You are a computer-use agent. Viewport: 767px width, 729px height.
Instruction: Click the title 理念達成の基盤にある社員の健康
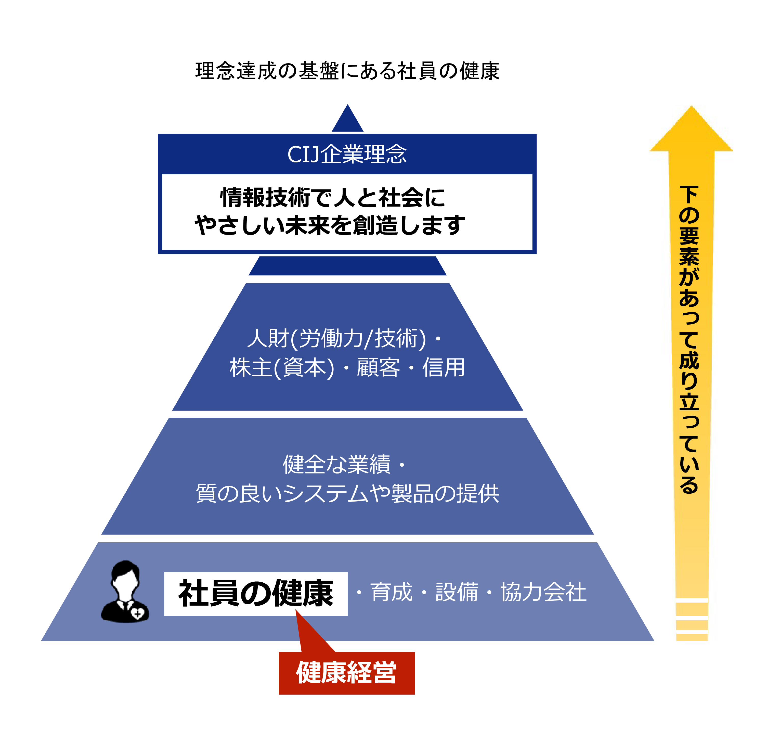347,71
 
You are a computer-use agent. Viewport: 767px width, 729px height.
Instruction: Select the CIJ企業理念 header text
347,154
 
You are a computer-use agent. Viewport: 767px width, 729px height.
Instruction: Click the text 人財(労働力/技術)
336,338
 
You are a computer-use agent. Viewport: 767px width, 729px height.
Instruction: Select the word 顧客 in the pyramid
378,368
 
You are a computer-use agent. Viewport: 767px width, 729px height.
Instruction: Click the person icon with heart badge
125,592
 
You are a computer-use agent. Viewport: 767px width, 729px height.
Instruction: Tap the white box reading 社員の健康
256,594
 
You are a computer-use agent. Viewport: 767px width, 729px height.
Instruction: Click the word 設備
457,592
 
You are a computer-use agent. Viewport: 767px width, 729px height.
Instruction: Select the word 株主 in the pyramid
251,368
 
